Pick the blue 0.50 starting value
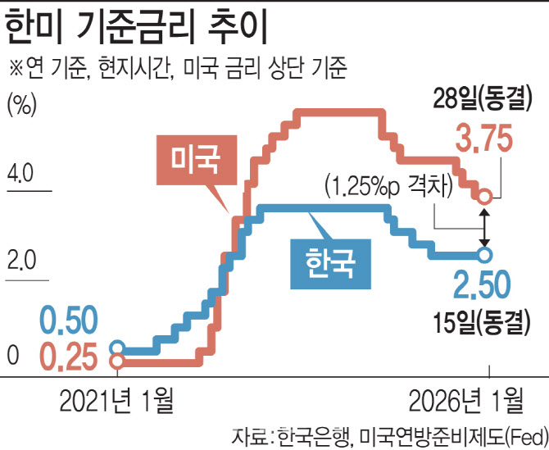(69, 320)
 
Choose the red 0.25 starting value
(69, 357)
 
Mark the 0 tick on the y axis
(12, 356)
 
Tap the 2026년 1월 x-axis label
(465, 401)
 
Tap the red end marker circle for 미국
(485, 198)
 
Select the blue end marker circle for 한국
(485, 255)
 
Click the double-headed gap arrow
(485, 226)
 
